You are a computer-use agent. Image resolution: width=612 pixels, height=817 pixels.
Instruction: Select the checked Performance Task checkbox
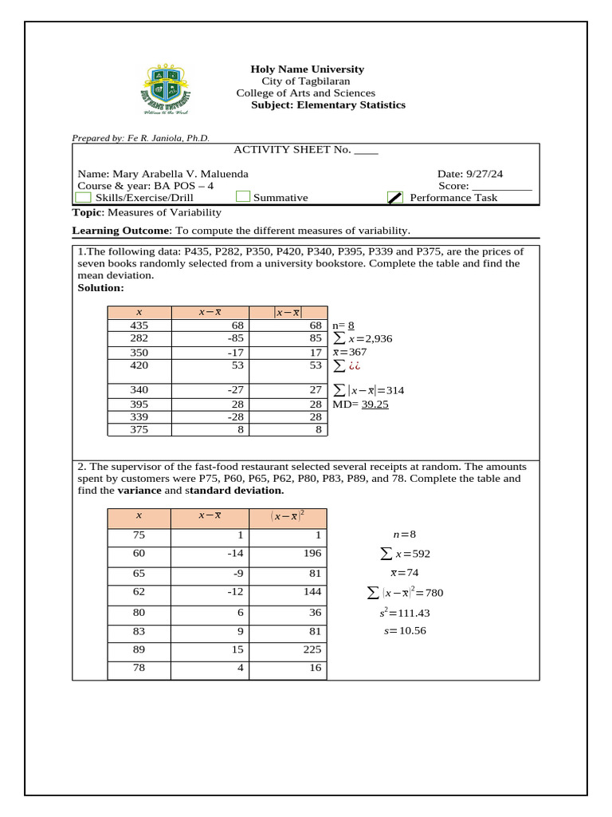(x=395, y=198)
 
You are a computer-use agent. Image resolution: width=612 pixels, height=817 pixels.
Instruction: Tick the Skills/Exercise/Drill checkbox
(x=83, y=198)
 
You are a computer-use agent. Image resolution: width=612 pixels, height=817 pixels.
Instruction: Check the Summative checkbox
(x=243, y=198)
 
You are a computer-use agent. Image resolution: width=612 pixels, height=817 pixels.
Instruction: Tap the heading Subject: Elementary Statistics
(x=328, y=105)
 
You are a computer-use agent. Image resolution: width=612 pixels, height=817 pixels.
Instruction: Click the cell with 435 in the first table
(x=139, y=326)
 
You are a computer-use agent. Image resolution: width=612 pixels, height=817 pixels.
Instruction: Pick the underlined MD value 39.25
(x=375, y=405)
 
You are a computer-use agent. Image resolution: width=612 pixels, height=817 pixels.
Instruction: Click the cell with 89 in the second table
(x=139, y=649)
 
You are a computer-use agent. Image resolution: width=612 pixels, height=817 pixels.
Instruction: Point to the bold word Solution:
(x=100, y=287)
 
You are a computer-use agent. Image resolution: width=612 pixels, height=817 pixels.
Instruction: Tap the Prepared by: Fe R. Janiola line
(x=141, y=138)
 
